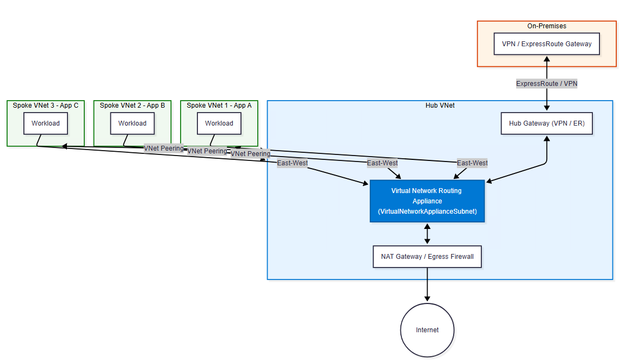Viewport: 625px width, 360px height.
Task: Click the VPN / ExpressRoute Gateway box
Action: [x=547, y=44]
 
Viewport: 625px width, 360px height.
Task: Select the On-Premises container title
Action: [x=547, y=26]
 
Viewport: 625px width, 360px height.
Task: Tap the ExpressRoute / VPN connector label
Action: [x=547, y=84]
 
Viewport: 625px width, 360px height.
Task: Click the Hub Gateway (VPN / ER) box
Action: [x=547, y=123]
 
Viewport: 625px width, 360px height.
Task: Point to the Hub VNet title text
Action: [x=440, y=105]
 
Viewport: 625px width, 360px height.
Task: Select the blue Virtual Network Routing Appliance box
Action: [x=427, y=201]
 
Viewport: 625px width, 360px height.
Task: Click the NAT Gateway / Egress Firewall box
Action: [x=427, y=257]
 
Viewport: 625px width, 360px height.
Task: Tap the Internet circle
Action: [x=427, y=330]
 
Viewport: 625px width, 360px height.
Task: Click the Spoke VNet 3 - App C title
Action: [x=46, y=105]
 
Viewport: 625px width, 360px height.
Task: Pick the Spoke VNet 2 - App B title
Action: [x=132, y=105]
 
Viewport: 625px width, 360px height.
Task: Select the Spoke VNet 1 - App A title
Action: [x=219, y=105]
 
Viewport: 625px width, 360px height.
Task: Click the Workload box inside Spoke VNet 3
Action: [x=46, y=123]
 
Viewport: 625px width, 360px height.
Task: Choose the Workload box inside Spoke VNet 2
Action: [x=132, y=123]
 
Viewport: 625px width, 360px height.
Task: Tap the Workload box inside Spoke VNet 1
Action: [x=219, y=123]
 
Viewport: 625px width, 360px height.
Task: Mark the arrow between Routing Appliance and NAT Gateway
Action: [x=427, y=234]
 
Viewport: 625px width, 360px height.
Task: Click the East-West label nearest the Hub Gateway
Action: [x=472, y=163]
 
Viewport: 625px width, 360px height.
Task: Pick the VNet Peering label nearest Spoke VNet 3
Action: [x=163, y=148]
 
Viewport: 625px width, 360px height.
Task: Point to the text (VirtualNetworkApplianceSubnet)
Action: [x=427, y=212]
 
